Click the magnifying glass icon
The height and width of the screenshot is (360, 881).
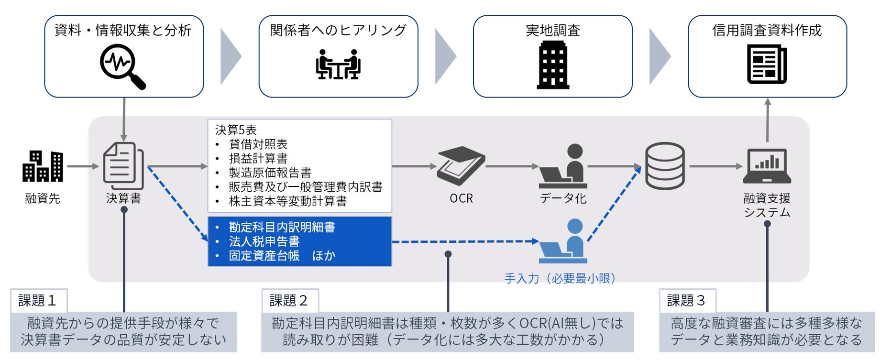tap(122, 66)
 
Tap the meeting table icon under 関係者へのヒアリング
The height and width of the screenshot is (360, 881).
tap(338, 65)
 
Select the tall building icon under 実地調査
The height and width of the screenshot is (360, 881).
tap(552, 65)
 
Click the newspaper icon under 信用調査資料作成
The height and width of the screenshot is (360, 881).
tap(767, 64)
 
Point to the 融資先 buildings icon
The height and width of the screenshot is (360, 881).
tap(43, 166)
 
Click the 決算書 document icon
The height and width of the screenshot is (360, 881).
tap(123, 166)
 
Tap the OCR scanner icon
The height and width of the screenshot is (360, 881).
tap(461, 165)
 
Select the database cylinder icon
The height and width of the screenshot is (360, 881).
tap(664, 166)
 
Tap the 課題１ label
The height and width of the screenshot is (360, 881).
tap(38, 300)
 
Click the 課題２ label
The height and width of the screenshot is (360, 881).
tap(289, 300)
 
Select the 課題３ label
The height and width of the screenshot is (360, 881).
tap(686, 300)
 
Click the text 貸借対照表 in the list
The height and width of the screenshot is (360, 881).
tap(258, 144)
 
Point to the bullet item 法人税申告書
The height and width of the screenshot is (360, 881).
tap(264, 241)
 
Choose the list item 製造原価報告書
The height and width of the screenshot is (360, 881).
tap(270, 173)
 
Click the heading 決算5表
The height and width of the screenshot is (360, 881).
tap(236, 130)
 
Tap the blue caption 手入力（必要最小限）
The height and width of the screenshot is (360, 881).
tap(560, 278)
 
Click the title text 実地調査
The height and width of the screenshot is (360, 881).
tap(552, 30)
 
